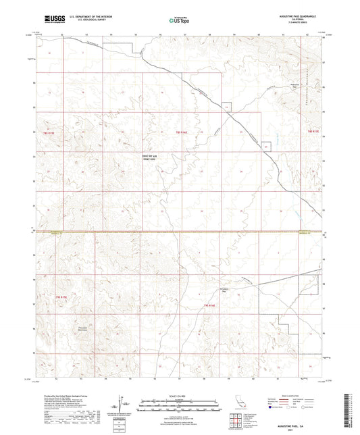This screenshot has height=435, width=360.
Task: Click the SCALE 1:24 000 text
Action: (179, 395)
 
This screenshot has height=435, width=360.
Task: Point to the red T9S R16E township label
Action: (209, 306)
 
